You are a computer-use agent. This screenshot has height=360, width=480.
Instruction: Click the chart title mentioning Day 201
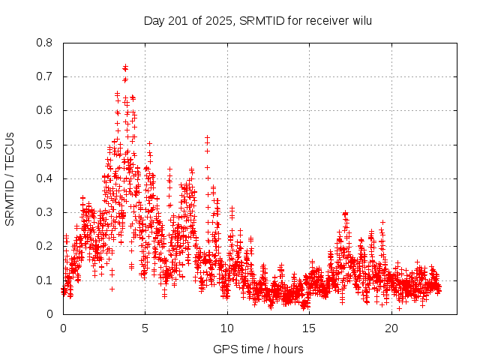(257, 20)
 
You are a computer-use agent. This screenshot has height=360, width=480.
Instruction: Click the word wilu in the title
(359, 20)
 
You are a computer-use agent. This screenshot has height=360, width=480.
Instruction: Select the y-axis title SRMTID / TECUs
(10, 178)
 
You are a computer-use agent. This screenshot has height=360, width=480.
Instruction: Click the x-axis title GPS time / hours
(258, 349)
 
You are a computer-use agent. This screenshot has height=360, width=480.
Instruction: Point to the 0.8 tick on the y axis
(45, 43)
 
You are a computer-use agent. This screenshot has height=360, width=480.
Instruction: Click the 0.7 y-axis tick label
(45, 76)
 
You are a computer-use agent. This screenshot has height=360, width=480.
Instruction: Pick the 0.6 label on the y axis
(45, 110)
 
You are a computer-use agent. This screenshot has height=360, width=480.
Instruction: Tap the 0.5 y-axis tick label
(45, 145)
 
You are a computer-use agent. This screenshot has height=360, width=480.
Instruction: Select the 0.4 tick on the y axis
(45, 178)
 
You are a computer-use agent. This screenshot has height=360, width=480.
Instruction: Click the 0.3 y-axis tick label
(45, 212)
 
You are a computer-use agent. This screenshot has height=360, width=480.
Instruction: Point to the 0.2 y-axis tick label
(45, 246)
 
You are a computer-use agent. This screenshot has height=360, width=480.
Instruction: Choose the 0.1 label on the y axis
(45, 280)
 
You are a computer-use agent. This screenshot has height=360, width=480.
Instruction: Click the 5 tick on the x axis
(145, 328)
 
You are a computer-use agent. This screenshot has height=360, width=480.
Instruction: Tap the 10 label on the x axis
(227, 328)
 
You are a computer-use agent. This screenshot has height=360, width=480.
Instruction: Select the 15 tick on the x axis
(309, 328)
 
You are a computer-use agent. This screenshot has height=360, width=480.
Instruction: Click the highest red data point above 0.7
(125, 67)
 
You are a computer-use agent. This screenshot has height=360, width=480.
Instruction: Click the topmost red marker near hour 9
(207, 138)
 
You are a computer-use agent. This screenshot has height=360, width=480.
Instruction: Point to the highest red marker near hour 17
(345, 213)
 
